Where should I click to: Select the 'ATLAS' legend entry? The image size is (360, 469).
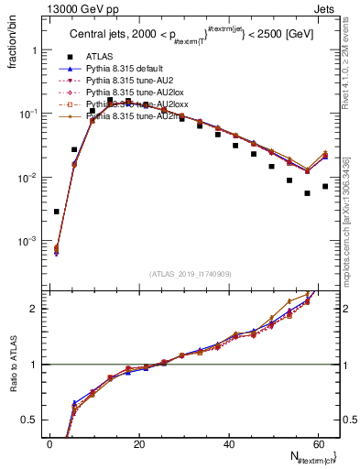click(x=100, y=57)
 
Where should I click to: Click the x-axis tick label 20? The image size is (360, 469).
click(x=138, y=443)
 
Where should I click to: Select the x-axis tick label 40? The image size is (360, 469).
click(x=228, y=443)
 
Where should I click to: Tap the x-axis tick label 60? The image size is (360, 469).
click(x=317, y=443)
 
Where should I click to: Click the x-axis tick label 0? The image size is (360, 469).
click(x=49, y=443)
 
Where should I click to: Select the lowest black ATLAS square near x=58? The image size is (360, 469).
click(x=307, y=193)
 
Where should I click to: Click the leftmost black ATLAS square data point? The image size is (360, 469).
click(x=56, y=212)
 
